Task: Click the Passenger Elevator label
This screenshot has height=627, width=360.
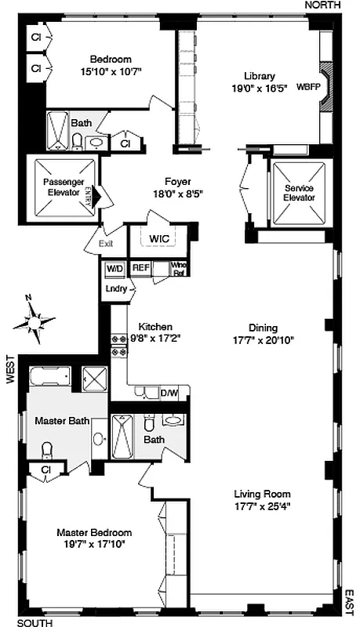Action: click(64, 187)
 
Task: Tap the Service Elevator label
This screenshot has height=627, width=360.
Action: click(299, 193)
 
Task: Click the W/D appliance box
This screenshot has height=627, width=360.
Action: click(115, 268)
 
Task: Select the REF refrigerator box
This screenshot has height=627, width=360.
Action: click(140, 268)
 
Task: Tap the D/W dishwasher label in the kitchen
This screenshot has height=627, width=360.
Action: click(169, 393)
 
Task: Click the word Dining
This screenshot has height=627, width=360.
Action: click(264, 328)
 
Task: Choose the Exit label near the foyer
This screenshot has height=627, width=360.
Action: click(107, 243)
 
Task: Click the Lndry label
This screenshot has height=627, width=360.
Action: click(116, 288)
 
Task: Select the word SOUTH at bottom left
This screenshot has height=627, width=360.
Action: click(35, 622)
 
